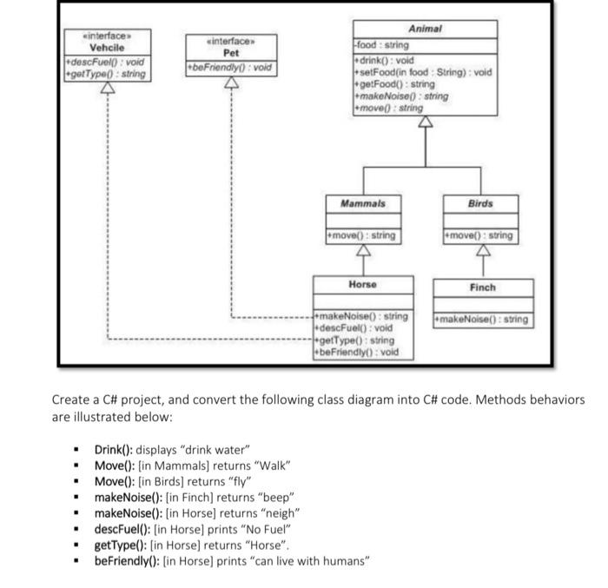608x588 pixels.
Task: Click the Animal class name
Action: [425, 29]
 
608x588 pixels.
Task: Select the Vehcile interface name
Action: [108, 48]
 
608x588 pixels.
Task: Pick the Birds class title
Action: [479, 203]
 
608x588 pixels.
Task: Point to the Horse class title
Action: [362, 285]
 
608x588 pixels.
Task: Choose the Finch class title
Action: [482, 287]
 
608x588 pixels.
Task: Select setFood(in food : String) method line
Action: [423, 72]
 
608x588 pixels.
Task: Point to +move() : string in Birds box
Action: [479, 235]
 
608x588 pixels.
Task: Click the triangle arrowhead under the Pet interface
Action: [231, 83]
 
